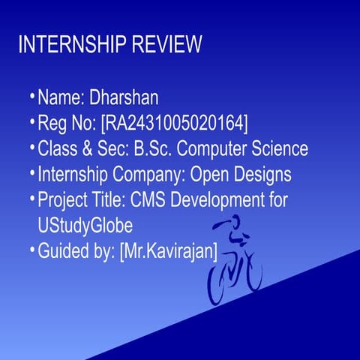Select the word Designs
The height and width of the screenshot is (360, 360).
[x=262, y=174]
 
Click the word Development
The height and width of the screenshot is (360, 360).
[x=220, y=200]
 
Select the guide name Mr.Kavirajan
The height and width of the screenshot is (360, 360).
[x=169, y=250]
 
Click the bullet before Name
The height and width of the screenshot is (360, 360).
[x=32, y=97]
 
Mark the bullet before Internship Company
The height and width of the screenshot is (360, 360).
[x=32, y=173]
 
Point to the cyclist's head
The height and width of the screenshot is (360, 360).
[x=235, y=222]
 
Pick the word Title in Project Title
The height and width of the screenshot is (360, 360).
[x=109, y=200]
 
